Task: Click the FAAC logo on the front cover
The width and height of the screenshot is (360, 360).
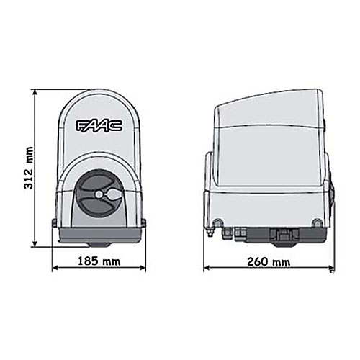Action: [99, 126]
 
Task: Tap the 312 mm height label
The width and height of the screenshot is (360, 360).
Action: [29, 168]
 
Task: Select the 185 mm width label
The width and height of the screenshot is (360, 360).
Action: [99, 261]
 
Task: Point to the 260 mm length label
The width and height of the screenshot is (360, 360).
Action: [269, 261]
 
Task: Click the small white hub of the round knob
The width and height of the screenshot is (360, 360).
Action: [99, 194]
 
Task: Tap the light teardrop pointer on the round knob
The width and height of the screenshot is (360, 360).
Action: [112, 194]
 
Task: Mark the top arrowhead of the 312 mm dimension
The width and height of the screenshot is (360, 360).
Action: [35, 93]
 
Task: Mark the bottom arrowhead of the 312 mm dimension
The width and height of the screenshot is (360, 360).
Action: [35, 243]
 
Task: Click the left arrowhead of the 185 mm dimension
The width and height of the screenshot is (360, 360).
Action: [55, 268]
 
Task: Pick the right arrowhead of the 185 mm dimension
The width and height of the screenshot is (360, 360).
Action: [143, 268]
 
